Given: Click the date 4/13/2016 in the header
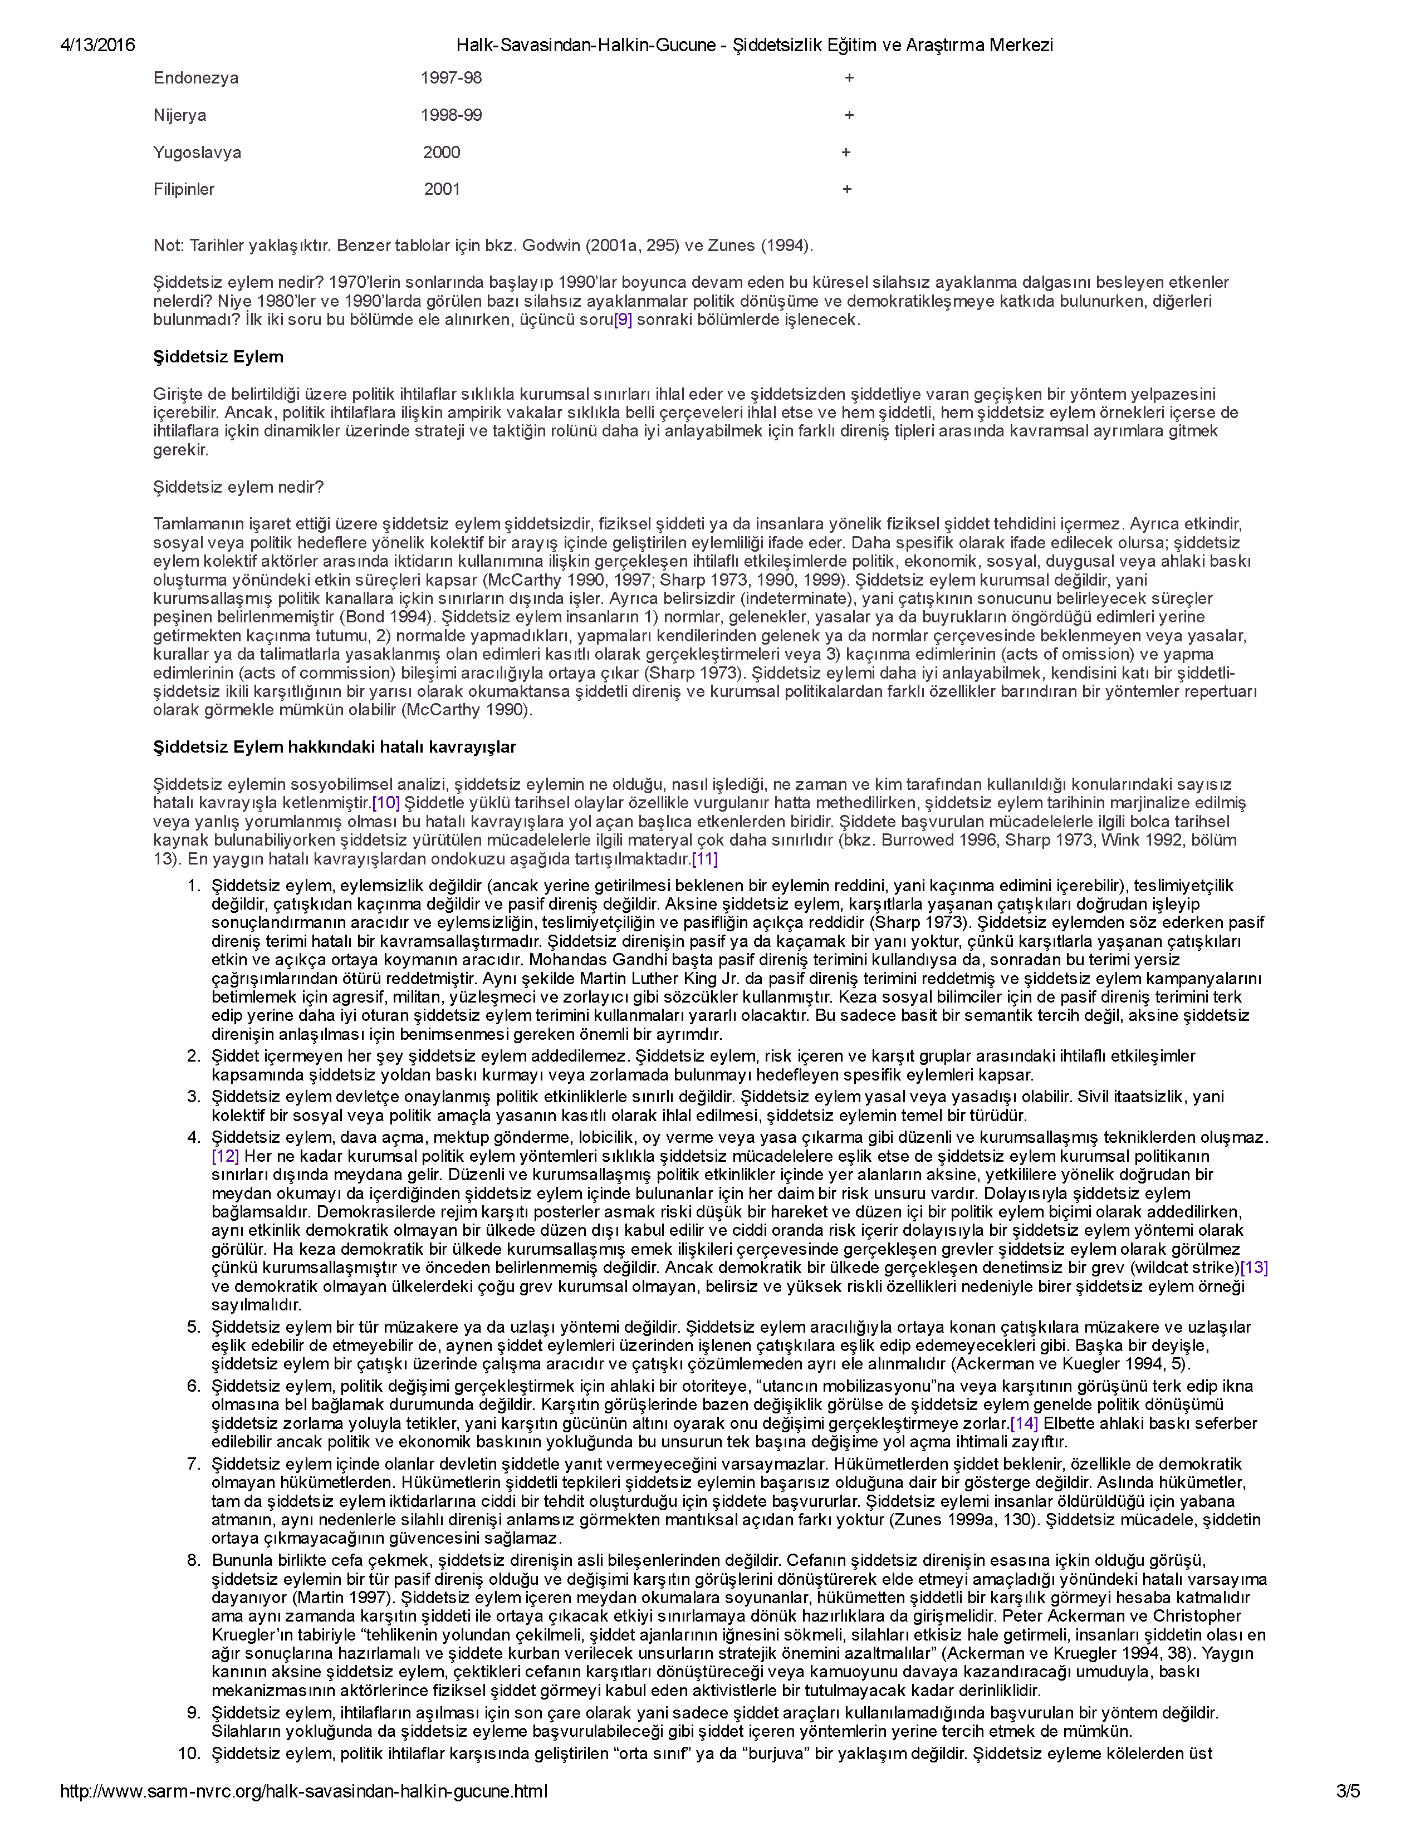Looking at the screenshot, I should click(x=97, y=46).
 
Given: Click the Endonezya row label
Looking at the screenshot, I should click(x=195, y=78).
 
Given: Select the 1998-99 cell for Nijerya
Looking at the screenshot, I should click(x=451, y=115).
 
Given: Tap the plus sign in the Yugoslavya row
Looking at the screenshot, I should click(x=845, y=152).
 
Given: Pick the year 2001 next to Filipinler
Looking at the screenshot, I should click(x=442, y=189).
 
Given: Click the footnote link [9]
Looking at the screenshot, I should click(x=623, y=320).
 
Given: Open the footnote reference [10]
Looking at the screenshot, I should click(x=386, y=802).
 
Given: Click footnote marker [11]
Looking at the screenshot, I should click(x=704, y=859).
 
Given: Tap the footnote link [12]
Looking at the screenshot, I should click(x=226, y=1156).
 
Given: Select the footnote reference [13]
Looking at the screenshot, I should click(x=1254, y=1267).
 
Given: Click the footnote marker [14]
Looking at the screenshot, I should click(x=1024, y=1423).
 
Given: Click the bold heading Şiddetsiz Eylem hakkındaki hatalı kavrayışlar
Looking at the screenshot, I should click(x=334, y=747).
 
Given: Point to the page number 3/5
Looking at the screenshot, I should click(x=1348, y=1791).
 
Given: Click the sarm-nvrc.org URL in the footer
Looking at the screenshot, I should click(x=303, y=1791).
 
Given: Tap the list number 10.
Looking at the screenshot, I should click(x=189, y=1753).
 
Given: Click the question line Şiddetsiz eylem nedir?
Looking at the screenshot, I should click(x=238, y=487).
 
